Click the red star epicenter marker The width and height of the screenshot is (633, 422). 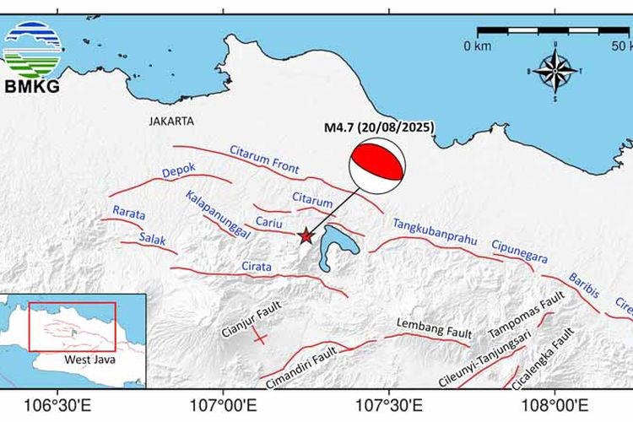306,237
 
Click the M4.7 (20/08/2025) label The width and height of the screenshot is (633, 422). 379,127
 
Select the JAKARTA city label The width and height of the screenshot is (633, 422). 171,121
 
